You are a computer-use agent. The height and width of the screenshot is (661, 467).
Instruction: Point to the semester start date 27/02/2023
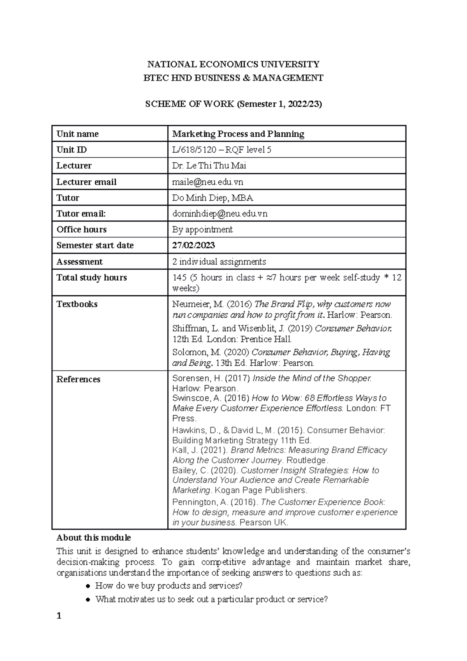tap(193, 246)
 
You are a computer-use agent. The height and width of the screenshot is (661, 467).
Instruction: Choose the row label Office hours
tap(81, 230)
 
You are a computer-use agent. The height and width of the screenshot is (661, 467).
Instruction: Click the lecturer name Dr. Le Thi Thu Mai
tap(209, 166)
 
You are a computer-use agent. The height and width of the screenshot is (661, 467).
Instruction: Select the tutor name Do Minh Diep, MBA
tap(212, 198)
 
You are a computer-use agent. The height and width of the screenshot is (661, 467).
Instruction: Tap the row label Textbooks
tap(77, 304)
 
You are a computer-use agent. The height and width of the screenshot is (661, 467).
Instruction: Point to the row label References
tap(78, 380)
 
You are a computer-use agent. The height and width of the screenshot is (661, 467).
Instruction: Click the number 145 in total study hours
tap(179, 278)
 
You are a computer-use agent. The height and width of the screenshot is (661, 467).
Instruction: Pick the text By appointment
tap(202, 230)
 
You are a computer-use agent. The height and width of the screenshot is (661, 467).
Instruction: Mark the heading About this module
tap(93, 538)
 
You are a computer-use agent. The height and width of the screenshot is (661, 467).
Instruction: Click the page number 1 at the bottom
tap(59, 616)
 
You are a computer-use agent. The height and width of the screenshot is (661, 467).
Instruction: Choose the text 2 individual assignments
tap(219, 262)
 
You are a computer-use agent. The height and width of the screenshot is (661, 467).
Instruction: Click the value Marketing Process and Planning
tap(238, 134)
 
